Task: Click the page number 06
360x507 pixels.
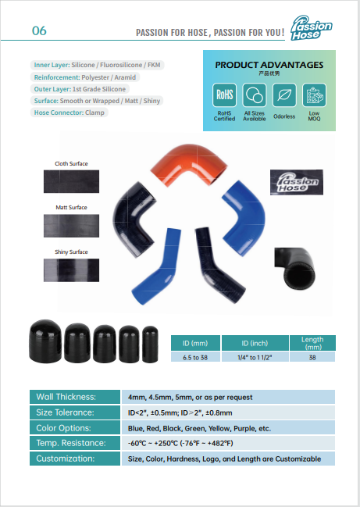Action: click(39, 30)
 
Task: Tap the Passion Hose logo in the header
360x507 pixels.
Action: click(311, 28)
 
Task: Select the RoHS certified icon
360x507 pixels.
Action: click(224, 95)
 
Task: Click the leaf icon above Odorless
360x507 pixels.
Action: click(284, 95)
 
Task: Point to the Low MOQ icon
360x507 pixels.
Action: click(314, 95)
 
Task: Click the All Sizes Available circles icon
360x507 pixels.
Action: click(255, 95)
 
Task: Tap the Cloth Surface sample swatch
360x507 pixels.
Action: click(71, 181)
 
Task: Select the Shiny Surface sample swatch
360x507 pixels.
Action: click(71, 270)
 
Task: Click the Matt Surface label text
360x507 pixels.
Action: click(71, 208)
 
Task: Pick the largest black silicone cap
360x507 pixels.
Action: click(45, 341)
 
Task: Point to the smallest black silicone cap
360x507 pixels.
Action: click(150, 345)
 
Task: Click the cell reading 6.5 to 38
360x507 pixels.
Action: click(195, 357)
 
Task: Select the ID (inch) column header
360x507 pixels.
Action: click(255, 343)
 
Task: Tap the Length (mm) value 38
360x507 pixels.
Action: click(312, 357)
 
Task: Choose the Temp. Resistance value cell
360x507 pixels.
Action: click(228, 443)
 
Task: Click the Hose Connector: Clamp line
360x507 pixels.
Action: click(70, 112)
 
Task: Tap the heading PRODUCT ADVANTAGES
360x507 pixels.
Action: click(269, 65)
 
